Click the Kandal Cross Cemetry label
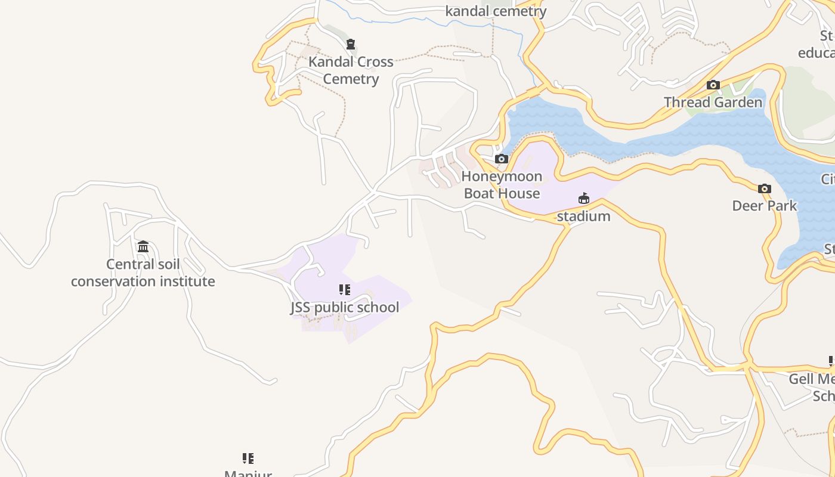click(351, 70)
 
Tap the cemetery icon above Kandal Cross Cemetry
click(351, 44)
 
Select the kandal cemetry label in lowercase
click(496, 11)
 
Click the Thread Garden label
click(713, 103)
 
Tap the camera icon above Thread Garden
click(713, 85)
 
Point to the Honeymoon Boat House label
click(502, 185)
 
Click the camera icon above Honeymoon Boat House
click(502, 159)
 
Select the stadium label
click(583, 216)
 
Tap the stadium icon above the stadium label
click(583, 199)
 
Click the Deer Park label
click(764, 206)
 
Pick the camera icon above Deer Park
click(764, 189)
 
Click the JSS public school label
click(345, 308)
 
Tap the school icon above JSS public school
click(345, 290)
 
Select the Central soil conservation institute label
click(143, 272)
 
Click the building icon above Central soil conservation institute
click(143, 246)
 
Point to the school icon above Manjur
click(248, 458)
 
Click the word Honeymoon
click(502, 176)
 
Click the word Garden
click(740, 103)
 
